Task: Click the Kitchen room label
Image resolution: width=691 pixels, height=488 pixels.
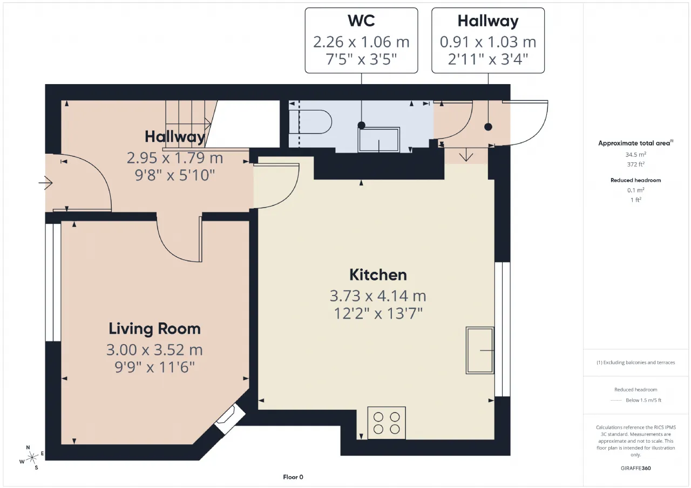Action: pyautogui.click(x=378, y=274)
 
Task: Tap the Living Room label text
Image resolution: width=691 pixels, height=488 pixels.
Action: pyautogui.click(x=154, y=328)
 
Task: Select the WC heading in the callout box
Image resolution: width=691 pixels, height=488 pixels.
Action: pyautogui.click(x=361, y=20)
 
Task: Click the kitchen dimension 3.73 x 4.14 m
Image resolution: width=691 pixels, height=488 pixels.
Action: pyautogui.click(x=378, y=295)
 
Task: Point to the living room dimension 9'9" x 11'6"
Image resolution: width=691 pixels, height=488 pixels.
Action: pyautogui.click(x=154, y=367)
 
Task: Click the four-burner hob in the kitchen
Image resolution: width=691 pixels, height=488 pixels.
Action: pyautogui.click(x=387, y=423)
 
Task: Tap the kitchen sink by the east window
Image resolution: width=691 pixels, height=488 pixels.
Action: pyautogui.click(x=480, y=350)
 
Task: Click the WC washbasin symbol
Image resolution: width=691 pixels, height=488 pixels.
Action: pyautogui.click(x=379, y=140)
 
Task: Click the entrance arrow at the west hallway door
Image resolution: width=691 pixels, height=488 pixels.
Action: pyautogui.click(x=46, y=183)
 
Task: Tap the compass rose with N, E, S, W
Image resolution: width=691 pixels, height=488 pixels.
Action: pyautogui.click(x=31, y=457)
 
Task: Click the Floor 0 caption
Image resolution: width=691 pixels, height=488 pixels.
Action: pyautogui.click(x=293, y=477)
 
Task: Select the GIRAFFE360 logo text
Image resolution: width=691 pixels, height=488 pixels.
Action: pyautogui.click(x=636, y=468)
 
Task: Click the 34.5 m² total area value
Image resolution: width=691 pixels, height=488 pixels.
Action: pyautogui.click(x=636, y=154)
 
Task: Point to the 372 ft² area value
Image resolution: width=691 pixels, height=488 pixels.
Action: pyautogui.click(x=636, y=164)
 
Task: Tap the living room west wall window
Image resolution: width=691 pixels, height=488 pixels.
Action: pyautogui.click(x=53, y=282)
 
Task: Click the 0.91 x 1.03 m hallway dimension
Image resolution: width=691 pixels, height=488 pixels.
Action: pyautogui.click(x=488, y=42)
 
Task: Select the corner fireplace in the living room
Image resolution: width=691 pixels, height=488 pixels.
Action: pyautogui.click(x=228, y=418)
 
